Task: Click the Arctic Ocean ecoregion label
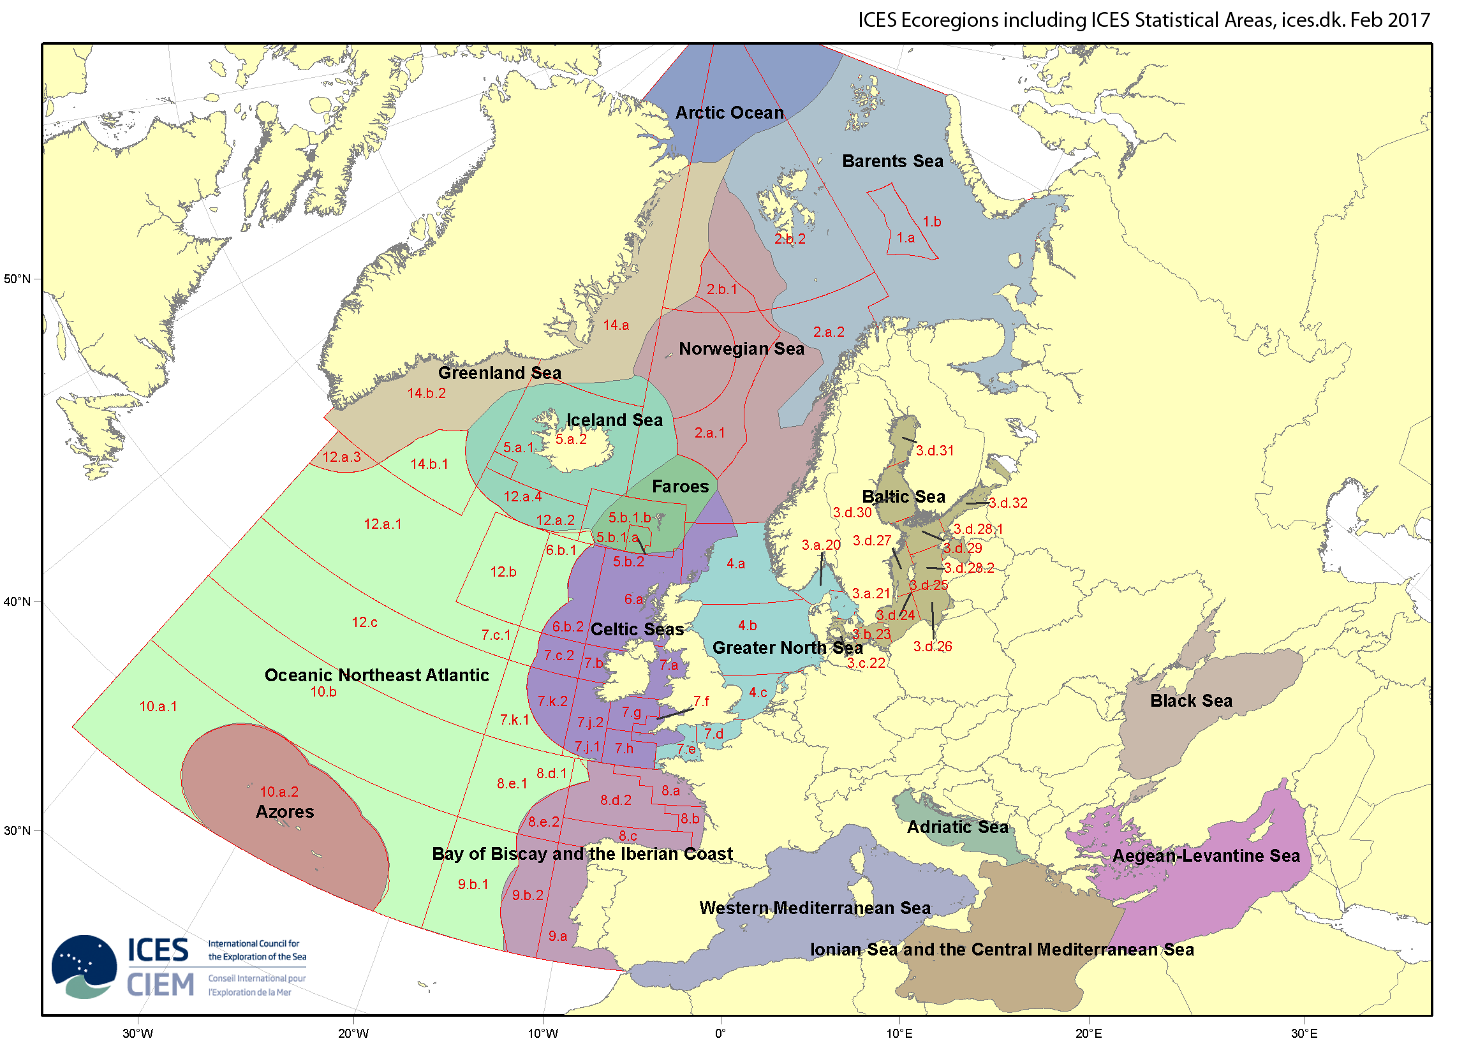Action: point(730,113)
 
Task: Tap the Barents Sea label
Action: point(892,161)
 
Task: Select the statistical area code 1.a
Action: point(905,238)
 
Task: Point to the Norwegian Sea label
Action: point(741,349)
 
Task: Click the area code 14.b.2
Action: point(426,394)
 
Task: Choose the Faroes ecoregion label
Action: point(681,487)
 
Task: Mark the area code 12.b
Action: point(503,572)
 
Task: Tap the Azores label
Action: point(285,812)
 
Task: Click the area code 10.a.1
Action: point(158,707)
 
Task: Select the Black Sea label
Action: point(1191,701)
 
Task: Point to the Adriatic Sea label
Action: point(957,827)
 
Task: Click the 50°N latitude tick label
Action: point(17,279)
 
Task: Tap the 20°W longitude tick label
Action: point(353,1033)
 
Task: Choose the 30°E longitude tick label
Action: point(1304,1033)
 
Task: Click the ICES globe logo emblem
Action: point(84,966)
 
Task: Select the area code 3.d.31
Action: point(935,452)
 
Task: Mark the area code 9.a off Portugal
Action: point(558,936)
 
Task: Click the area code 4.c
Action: point(758,693)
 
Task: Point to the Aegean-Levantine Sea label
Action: point(1206,856)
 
